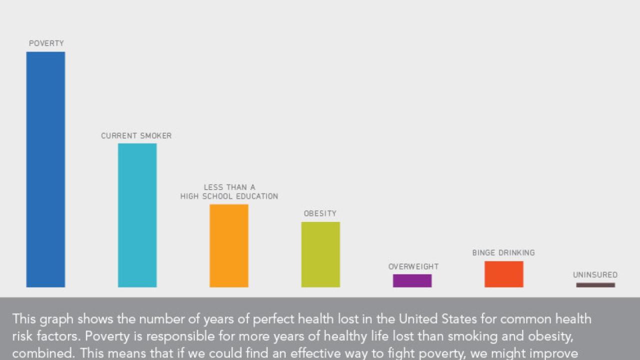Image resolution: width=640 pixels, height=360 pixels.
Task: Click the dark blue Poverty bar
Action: [45, 169]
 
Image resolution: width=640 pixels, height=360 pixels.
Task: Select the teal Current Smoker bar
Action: [137, 215]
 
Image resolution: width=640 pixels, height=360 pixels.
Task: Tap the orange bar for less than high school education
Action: [228, 245]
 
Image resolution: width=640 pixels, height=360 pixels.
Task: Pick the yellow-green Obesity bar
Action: [320, 254]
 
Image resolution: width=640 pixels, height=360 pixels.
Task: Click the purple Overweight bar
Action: [412, 280]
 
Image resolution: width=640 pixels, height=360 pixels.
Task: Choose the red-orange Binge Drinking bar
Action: [503, 274]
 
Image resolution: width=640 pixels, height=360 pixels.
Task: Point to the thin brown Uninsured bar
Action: [595, 285]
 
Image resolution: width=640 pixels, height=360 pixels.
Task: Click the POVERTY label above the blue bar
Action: [46, 43]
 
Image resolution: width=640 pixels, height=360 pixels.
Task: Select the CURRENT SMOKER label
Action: [136, 136]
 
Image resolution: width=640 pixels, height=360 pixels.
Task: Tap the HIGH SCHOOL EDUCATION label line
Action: [229, 196]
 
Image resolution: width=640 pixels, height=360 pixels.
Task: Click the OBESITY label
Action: [320, 213]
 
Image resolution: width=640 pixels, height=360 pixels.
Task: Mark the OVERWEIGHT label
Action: [413, 266]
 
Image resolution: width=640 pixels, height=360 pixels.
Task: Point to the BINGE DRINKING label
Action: [503, 252]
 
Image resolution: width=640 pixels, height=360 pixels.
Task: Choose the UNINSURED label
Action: [595, 274]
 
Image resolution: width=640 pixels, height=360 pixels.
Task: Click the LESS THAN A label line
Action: [229, 187]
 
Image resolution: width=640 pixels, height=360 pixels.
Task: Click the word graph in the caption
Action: [55, 319]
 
